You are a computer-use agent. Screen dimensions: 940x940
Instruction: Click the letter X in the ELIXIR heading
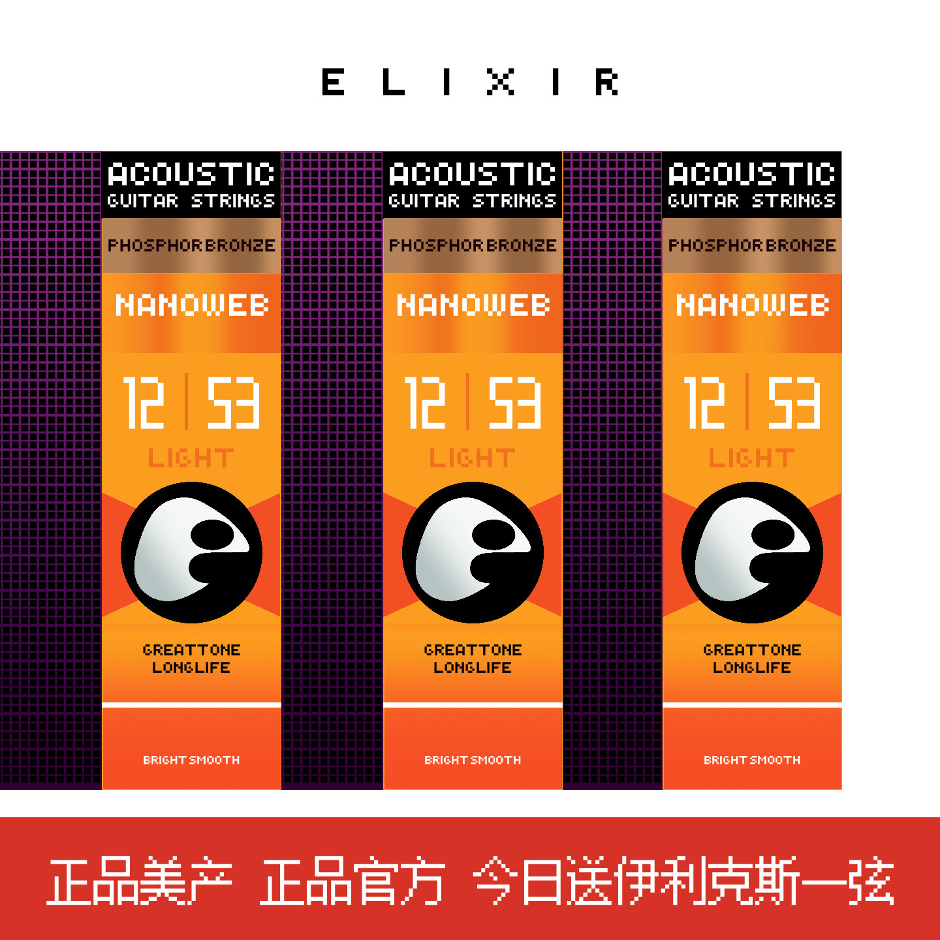501,82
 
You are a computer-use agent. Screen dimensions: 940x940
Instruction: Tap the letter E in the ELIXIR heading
333,82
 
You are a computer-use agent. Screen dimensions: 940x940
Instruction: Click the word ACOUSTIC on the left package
191,174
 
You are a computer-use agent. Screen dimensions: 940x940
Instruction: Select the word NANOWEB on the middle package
473,305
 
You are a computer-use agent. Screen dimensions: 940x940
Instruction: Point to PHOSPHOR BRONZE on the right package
752,245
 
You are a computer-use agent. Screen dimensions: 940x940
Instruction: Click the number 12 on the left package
144,403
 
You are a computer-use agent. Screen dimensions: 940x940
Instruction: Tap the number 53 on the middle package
515,403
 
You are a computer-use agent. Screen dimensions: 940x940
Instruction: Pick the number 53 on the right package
794,403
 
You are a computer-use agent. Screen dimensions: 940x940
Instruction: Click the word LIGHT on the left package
191,458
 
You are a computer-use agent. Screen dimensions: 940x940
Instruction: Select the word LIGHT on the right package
752,458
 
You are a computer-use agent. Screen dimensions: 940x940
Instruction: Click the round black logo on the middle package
473,552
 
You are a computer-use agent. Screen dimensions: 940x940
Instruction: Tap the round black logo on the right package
752,552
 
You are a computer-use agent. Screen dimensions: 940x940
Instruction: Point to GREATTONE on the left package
191,650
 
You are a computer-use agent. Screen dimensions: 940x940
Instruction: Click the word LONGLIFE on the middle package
473,667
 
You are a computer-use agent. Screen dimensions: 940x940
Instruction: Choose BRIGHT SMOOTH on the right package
752,760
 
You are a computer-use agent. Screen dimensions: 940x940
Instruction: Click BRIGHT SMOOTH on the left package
191,760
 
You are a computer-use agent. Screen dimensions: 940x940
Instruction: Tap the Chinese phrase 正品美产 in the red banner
140,881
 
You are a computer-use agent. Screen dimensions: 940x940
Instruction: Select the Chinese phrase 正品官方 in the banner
352,881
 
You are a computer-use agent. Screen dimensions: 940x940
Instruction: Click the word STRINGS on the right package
794,200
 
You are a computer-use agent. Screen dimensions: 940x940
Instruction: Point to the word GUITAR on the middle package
424,200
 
